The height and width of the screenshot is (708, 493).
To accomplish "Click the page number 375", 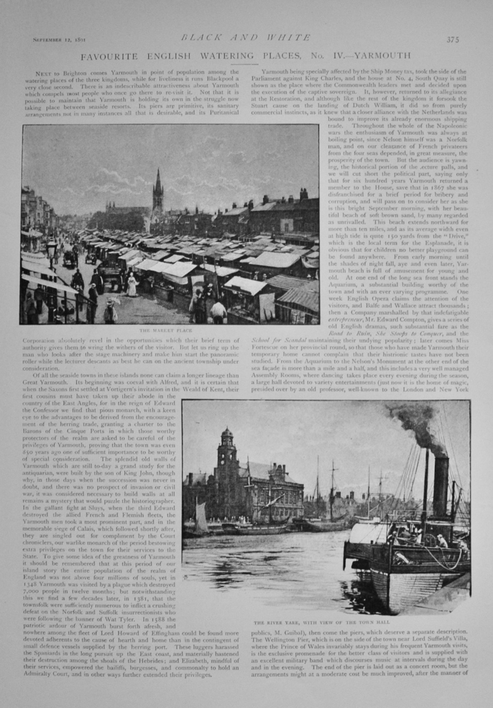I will pos(452,39).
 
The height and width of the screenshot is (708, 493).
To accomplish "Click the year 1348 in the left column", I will pos(23,585).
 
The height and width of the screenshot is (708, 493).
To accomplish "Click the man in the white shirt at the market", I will pos(218,311).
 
